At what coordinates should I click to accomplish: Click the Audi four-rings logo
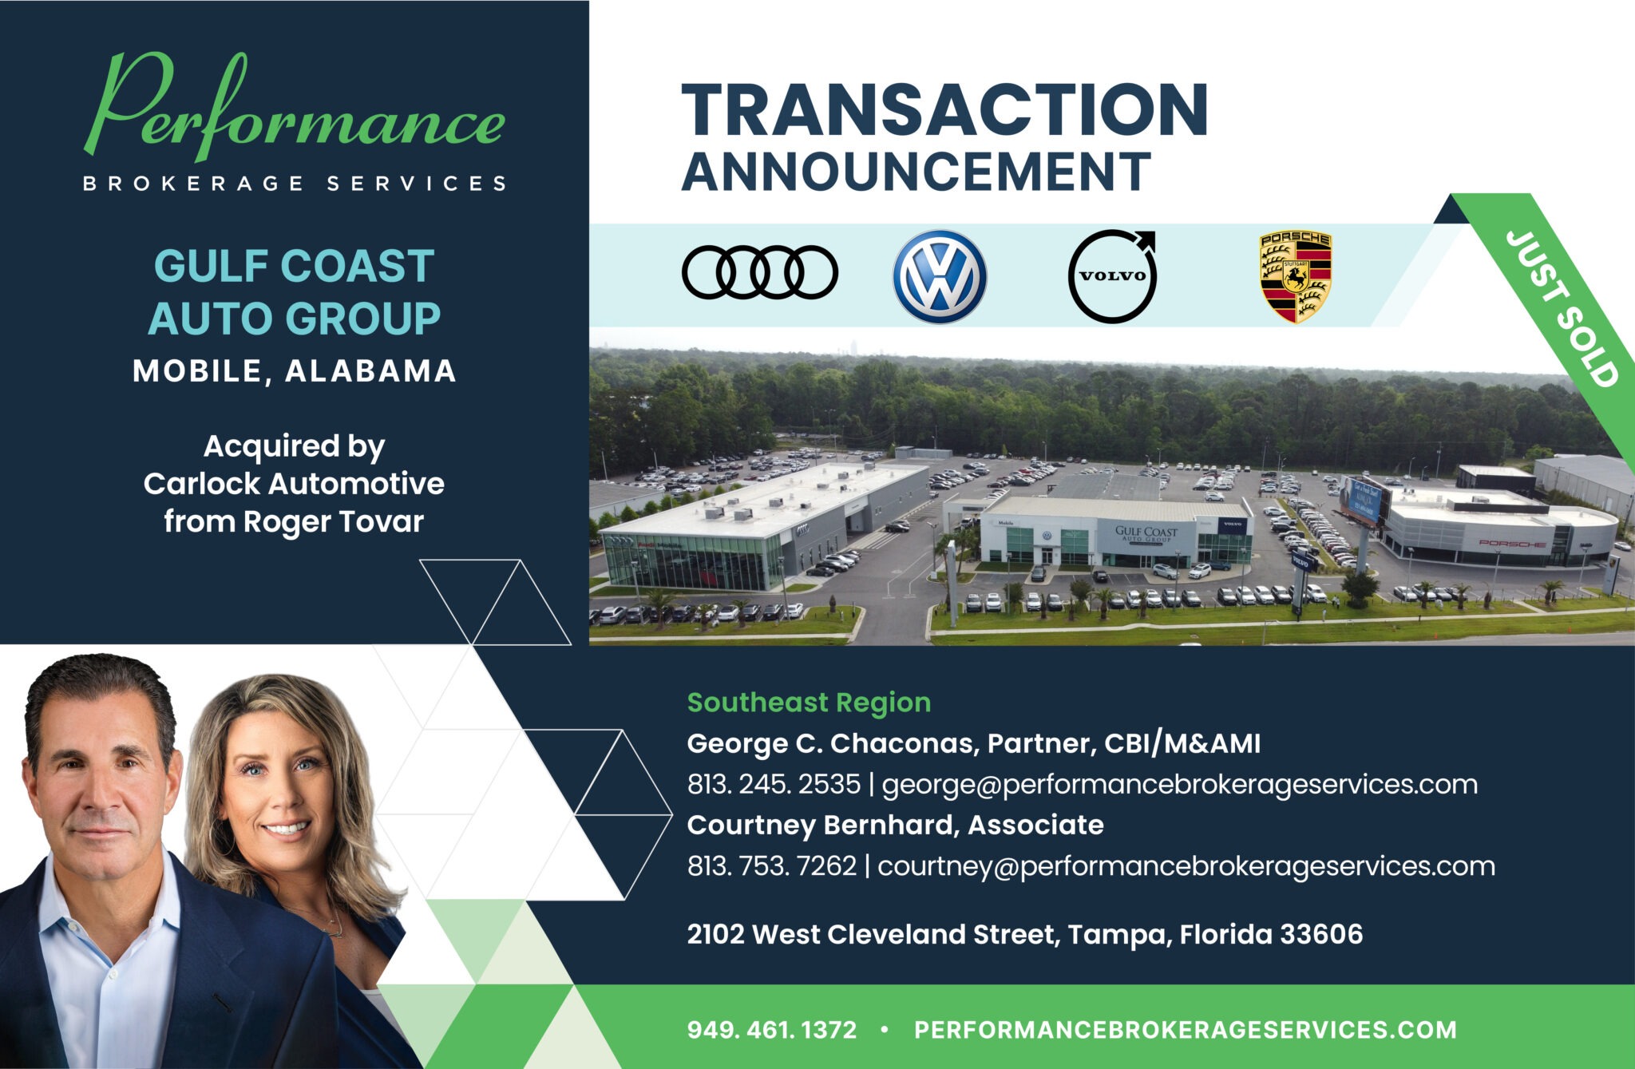pos(759,272)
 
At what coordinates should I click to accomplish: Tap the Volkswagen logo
pos(940,276)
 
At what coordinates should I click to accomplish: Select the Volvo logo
pos(1112,276)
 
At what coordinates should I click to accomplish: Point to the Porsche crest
pos(1295,277)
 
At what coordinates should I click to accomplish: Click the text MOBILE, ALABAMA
pos(295,371)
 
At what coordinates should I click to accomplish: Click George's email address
pos(1179,784)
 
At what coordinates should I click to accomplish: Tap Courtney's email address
pos(1186,865)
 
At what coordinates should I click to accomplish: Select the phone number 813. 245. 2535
pos(774,784)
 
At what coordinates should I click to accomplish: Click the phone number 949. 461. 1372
pos(771,1029)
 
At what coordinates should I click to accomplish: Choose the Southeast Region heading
pos(809,703)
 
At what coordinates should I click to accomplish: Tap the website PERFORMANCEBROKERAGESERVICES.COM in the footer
pos(1185,1029)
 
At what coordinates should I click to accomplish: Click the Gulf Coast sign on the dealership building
pos(1146,533)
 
